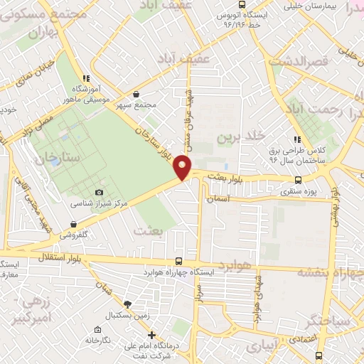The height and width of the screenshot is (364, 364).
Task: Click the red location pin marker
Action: pyautogui.click(x=184, y=166)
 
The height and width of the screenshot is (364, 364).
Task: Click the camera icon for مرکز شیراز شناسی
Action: pyautogui.click(x=99, y=192)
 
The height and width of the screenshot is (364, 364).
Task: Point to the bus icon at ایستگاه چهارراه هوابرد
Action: pyautogui.click(x=178, y=261)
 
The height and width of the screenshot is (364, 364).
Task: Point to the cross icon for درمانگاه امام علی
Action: pyautogui.click(x=150, y=335)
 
